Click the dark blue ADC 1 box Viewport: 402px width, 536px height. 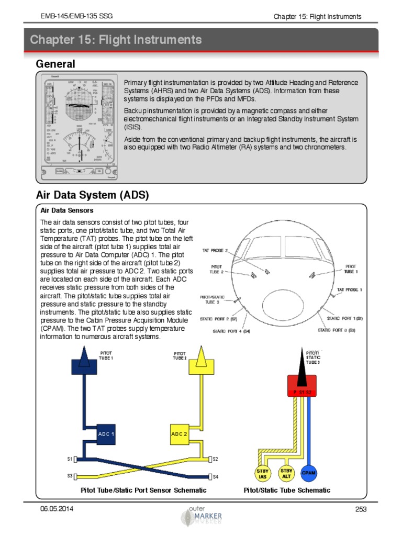pos(106,434)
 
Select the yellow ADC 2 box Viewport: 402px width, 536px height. pos(180,434)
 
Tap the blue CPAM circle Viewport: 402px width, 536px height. pos(308,473)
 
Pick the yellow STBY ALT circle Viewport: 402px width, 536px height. pos(286,473)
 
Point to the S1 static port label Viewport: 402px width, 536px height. pos(70,459)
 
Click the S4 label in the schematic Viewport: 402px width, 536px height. pos(216,476)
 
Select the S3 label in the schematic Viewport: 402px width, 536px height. pos(70,476)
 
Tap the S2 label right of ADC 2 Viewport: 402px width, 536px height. pos(216,459)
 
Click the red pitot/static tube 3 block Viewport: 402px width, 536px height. pos(301,386)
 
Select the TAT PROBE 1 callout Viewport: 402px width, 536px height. pos(349,289)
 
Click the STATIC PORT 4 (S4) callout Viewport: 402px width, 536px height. pos(231,331)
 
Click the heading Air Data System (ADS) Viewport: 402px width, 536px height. pos(93,195)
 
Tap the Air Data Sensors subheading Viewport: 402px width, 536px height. pos(67,210)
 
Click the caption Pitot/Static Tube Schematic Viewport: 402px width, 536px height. pos(287,490)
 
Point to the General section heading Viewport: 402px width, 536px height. pos(55,64)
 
